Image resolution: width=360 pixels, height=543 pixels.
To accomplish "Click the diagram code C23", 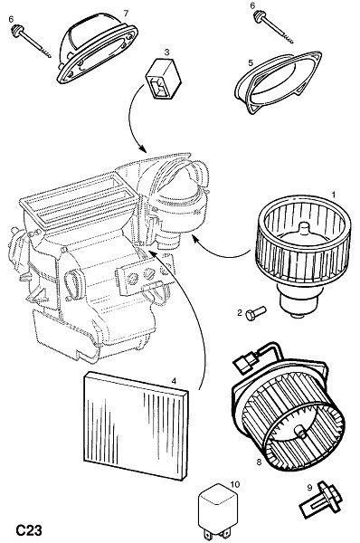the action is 29,530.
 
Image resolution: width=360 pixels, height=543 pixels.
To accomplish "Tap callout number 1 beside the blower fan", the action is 334,195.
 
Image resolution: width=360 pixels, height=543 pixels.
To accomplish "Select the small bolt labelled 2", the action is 256,314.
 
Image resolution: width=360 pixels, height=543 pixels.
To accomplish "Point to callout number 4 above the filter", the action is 174,381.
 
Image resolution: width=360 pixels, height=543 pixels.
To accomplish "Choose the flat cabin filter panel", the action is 136,425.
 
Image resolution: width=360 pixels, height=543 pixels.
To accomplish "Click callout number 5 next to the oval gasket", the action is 251,62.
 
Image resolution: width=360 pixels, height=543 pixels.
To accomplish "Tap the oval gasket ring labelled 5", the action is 278,82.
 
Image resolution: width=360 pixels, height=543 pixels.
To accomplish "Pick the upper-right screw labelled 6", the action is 273,27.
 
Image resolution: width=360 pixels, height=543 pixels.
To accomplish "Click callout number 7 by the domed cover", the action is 126,14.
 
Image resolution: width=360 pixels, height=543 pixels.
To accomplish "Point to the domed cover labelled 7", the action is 98,48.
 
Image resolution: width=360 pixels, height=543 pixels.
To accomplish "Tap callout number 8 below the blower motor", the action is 259,462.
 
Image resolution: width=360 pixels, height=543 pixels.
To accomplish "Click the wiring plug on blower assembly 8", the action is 246,363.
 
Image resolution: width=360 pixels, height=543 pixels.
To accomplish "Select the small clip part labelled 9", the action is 320,500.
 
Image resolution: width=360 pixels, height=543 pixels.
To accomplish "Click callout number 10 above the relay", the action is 234,484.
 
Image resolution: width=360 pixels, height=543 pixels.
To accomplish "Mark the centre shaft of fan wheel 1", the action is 304,230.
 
